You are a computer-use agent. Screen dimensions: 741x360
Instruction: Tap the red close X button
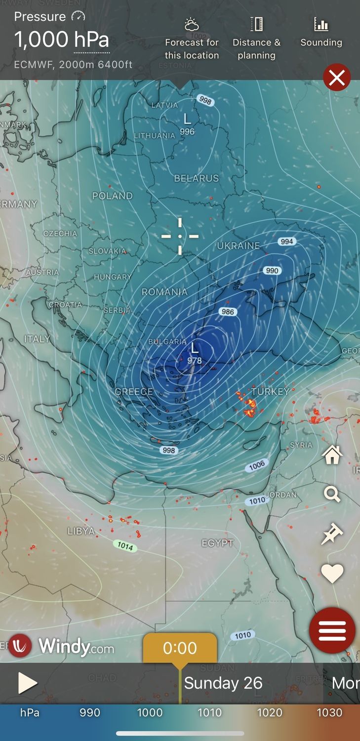click(337, 78)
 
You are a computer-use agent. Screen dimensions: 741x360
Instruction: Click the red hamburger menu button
click(332, 630)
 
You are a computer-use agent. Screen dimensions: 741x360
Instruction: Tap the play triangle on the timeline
click(28, 683)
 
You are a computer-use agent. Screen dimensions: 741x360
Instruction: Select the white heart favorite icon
click(332, 574)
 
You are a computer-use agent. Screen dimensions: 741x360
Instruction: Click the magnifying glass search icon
click(332, 494)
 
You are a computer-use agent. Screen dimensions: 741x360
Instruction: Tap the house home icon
click(332, 455)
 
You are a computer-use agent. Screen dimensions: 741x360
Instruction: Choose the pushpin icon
click(331, 534)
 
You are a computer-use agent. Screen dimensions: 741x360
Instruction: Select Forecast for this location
click(192, 38)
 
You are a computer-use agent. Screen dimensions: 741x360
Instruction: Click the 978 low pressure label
click(195, 361)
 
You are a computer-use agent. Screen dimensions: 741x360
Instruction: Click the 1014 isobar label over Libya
click(125, 546)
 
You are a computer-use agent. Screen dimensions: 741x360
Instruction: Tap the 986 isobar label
click(228, 312)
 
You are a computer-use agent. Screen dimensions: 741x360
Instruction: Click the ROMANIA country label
click(164, 292)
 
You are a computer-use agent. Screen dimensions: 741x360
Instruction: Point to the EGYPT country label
click(217, 543)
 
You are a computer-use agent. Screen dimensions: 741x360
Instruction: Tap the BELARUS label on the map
click(196, 178)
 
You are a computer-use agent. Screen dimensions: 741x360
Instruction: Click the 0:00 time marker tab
click(180, 648)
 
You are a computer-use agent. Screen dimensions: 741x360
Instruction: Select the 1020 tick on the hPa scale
click(270, 712)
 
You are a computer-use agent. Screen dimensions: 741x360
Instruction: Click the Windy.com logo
click(62, 646)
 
